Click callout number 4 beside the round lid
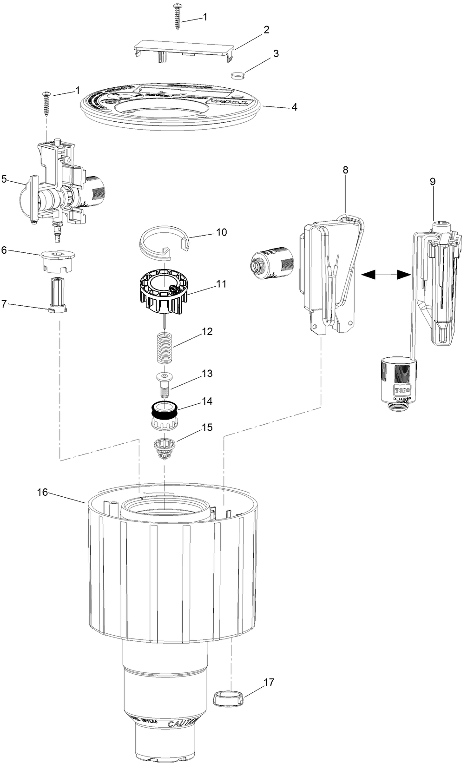294,107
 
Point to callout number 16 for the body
42,492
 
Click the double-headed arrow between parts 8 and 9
386,275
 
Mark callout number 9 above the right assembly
432,181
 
